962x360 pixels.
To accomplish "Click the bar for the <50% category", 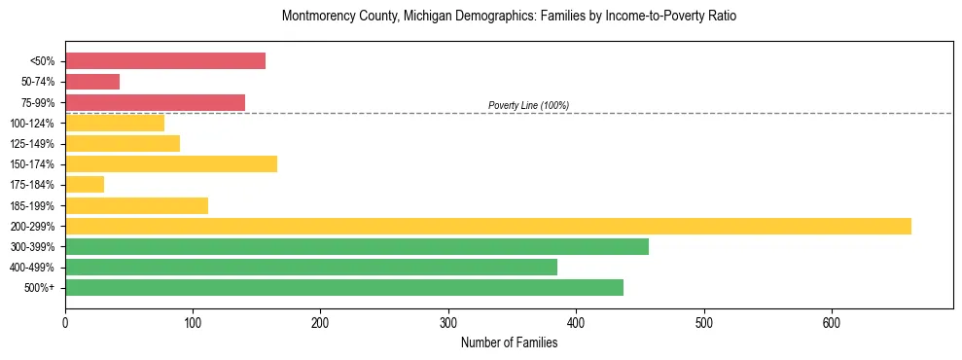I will [x=165, y=61].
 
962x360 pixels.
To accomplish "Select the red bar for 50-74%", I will [x=92, y=82].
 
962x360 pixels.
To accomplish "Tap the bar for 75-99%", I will [x=155, y=102].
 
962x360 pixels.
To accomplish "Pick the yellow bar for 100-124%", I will [x=115, y=123].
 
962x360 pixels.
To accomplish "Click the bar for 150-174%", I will [x=171, y=163].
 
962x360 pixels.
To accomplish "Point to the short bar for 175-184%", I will [x=85, y=185].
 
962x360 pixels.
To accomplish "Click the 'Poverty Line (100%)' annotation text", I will [x=528, y=105].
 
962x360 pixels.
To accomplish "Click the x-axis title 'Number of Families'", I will [x=509, y=342].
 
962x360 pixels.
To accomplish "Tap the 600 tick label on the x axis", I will [x=832, y=322].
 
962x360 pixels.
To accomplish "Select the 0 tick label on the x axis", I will [x=65, y=322].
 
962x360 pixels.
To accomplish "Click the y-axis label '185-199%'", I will [x=32, y=205].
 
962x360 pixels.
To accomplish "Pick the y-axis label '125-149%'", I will [x=32, y=144].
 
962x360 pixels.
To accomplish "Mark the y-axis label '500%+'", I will [x=38, y=288].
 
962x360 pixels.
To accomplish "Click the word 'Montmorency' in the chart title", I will [x=314, y=17].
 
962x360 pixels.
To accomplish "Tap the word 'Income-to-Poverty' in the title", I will [x=644, y=17].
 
